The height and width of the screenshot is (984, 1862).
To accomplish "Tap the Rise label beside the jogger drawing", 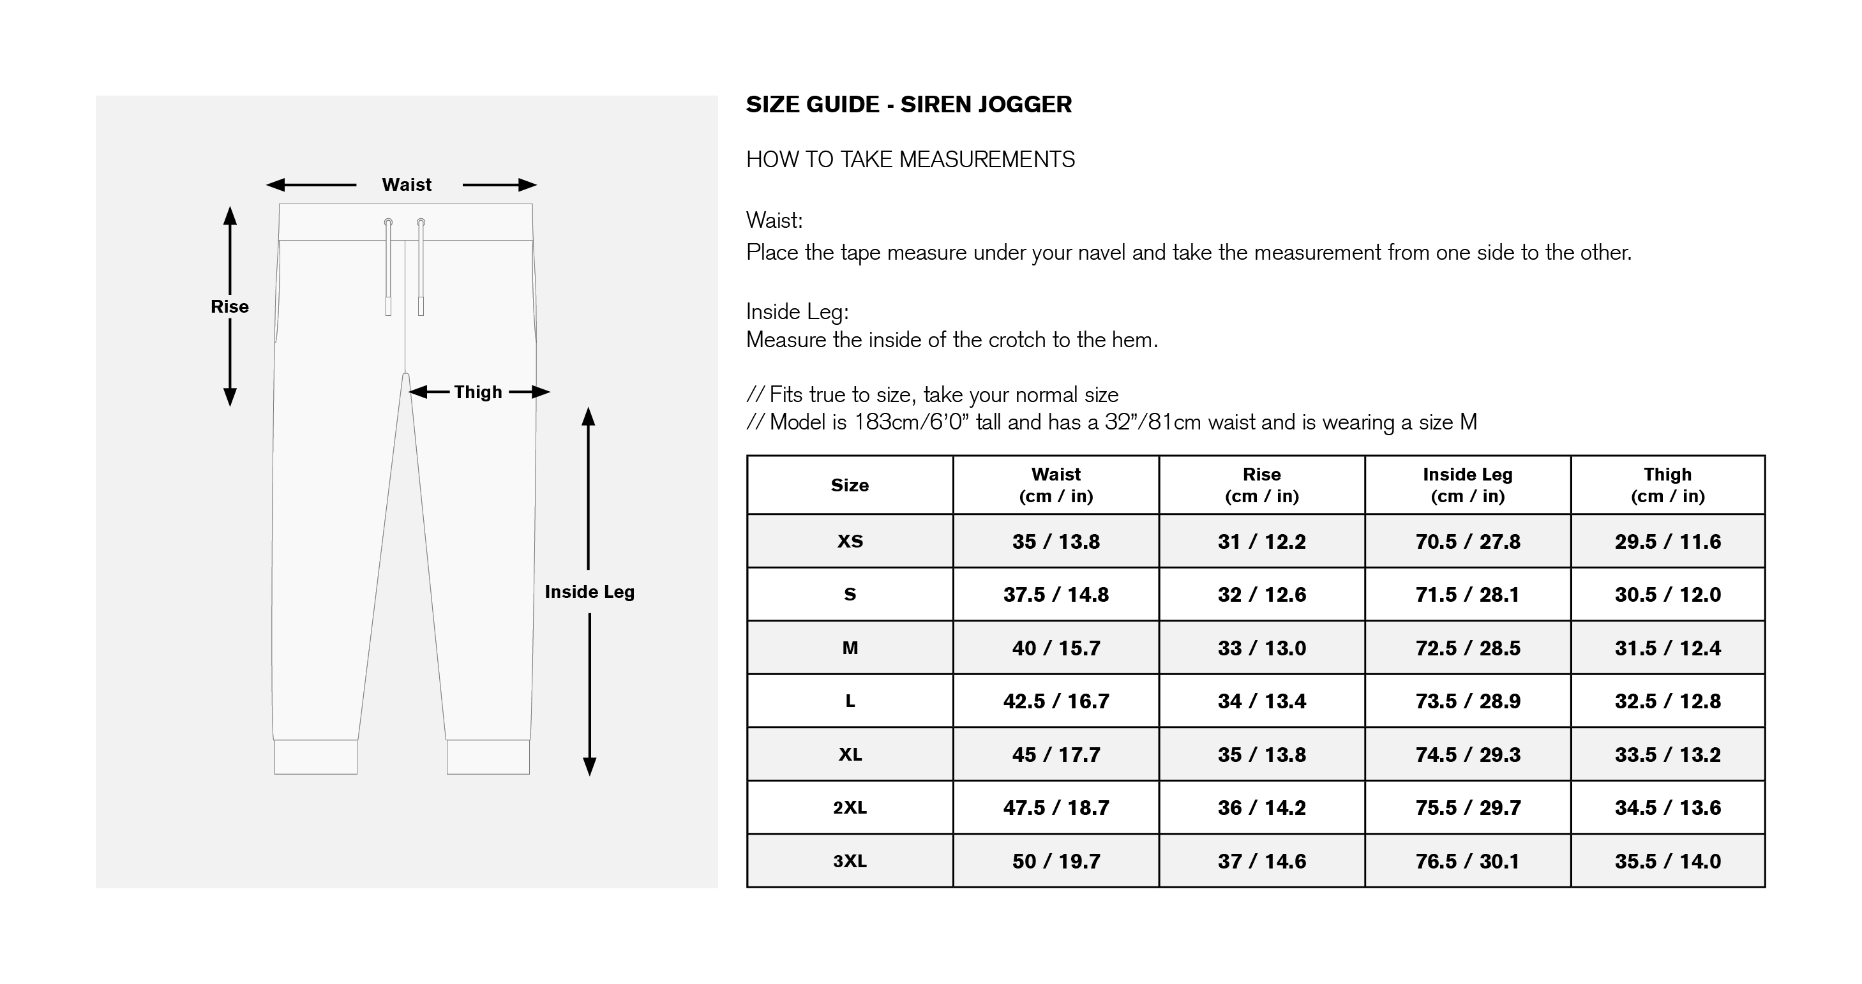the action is point(229,306).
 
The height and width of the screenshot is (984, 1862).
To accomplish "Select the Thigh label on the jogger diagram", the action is point(478,392).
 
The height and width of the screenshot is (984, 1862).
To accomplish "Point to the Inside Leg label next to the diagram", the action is point(590,592).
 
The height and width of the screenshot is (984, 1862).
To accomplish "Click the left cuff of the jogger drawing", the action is point(316,757).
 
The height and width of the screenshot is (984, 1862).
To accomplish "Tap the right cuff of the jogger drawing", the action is point(488,757).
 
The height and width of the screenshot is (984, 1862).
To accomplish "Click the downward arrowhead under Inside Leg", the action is point(590,766).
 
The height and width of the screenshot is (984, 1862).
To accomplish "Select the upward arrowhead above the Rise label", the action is point(230,215).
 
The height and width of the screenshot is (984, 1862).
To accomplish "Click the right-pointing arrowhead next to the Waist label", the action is point(528,185).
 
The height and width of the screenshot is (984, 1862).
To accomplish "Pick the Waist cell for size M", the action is point(1056,648).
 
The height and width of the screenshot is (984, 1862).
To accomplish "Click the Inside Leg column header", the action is point(1468,486).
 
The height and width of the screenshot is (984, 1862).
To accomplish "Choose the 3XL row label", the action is point(850,861).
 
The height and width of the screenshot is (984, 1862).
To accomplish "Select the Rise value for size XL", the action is point(1261,755).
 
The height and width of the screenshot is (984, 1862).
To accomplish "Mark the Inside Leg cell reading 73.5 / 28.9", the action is point(1468,701).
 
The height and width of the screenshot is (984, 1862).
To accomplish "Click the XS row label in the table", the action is point(850,542).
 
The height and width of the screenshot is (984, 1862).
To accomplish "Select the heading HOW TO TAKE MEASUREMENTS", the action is point(910,160).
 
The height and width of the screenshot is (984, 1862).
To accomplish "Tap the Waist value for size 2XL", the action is point(1056,808).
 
